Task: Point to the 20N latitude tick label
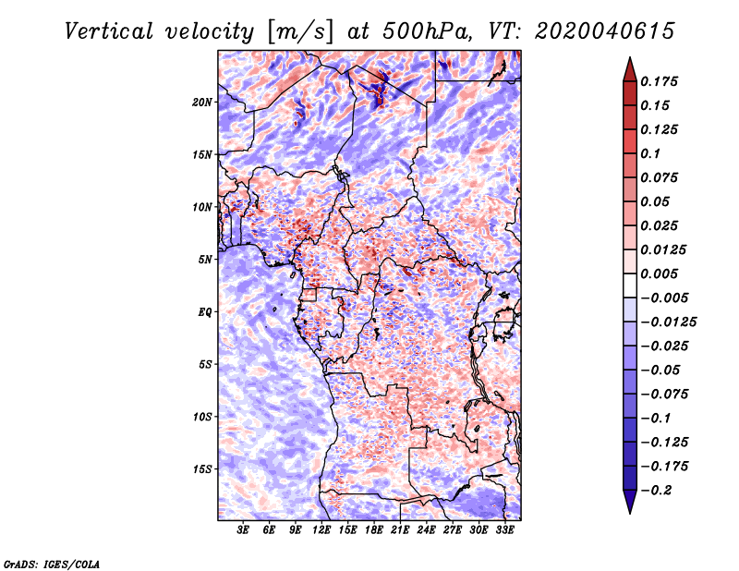coord(202,102)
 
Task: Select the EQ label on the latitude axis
coord(205,312)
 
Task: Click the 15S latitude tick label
coord(202,469)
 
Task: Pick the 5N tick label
coord(205,260)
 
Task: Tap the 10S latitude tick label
coord(202,417)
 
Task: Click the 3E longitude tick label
coord(244,531)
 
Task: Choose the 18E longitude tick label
coord(374,531)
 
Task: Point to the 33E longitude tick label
coord(505,531)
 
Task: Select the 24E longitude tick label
coord(427,531)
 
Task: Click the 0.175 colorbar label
coord(660,81)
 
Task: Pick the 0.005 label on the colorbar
coord(660,274)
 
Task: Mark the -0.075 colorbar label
coord(665,395)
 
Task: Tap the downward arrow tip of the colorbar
coord(628,509)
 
